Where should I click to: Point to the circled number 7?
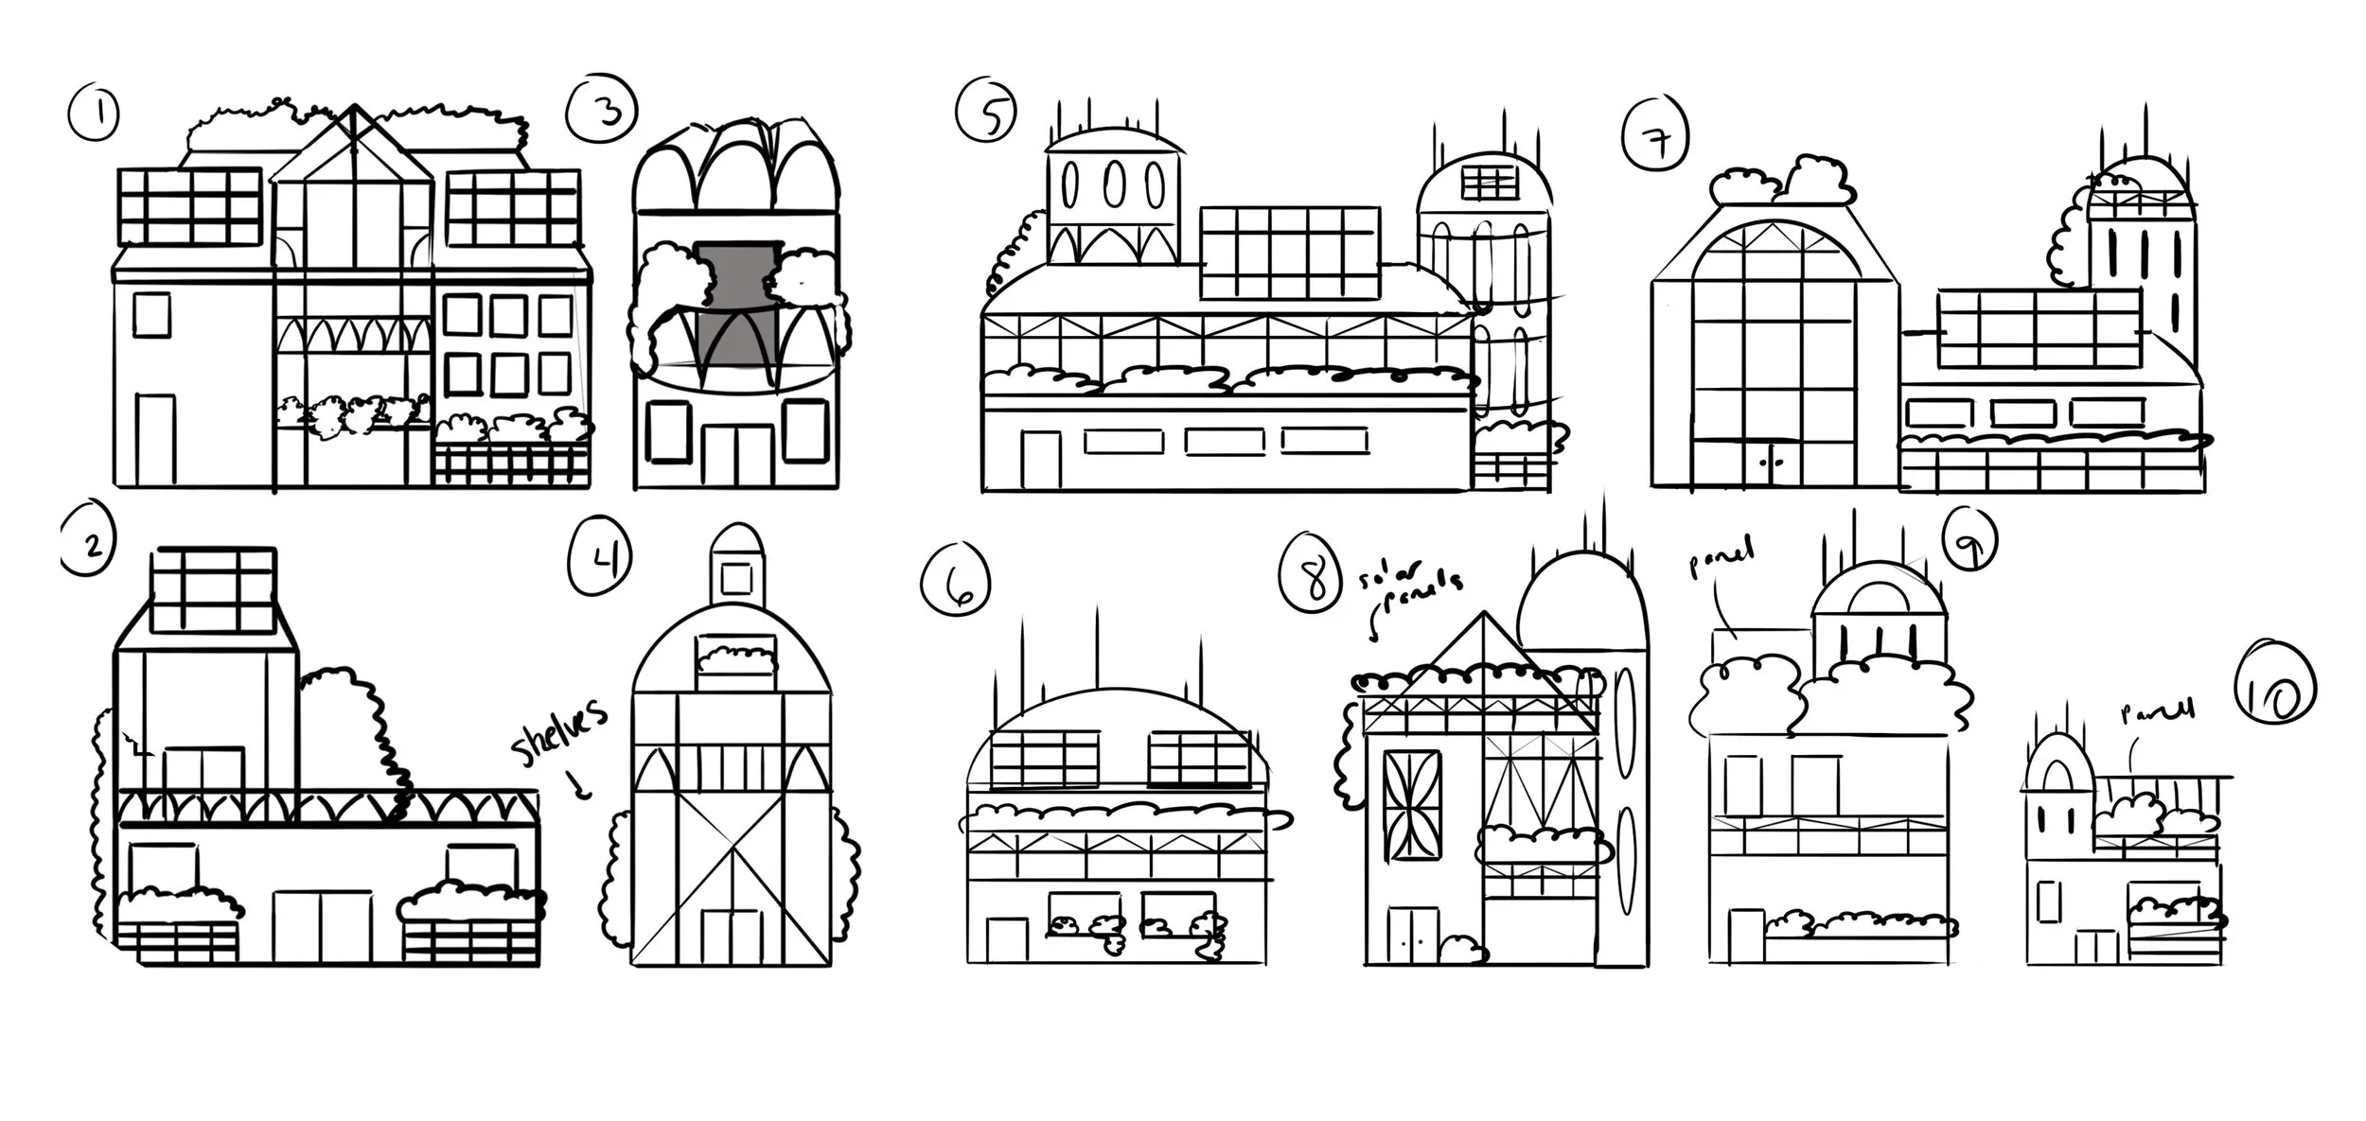[x=1656, y=138]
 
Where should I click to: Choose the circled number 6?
[x=955, y=581]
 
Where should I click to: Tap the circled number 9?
[x=1968, y=544]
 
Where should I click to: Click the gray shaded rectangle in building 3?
[x=736, y=312]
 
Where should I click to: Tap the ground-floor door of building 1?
[x=155, y=440]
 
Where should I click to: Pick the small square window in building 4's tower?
[x=737, y=578]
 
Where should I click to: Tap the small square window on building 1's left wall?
[x=151, y=314]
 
